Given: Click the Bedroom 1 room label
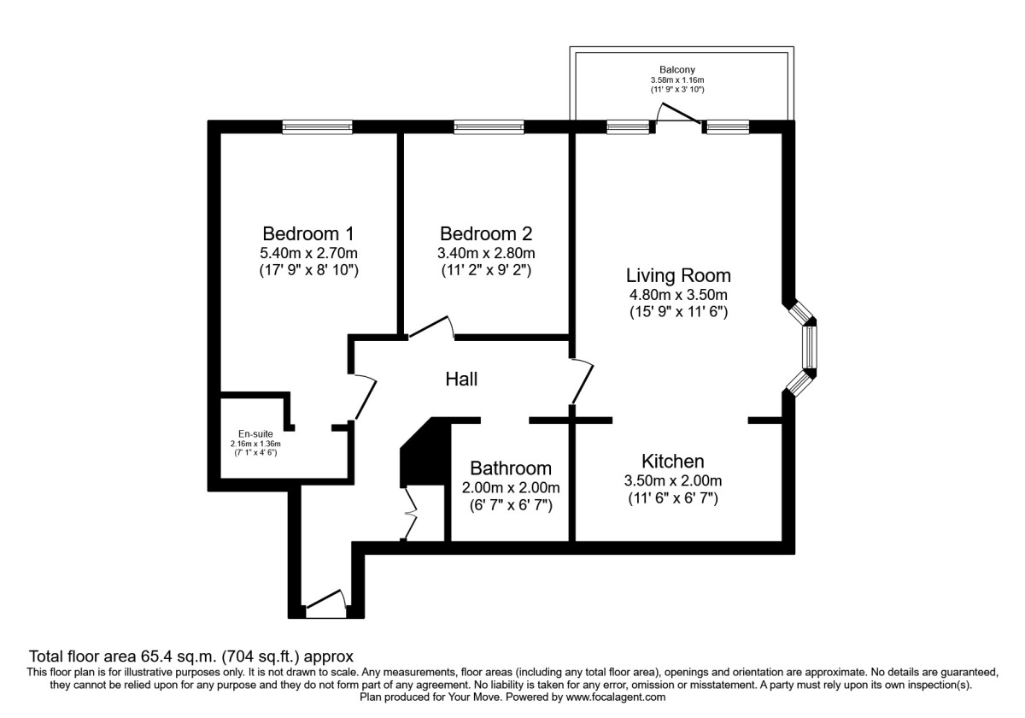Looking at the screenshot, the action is tap(308, 234).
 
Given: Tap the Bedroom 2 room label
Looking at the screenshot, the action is tap(486, 234).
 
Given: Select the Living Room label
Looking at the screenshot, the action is tap(678, 275).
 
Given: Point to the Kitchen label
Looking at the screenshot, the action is tap(673, 461).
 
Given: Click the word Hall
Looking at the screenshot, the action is tap(461, 380).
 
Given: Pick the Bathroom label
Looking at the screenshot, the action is tap(511, 468).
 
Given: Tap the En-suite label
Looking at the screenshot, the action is tap(255, 433).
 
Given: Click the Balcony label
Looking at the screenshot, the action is tap(677, 69).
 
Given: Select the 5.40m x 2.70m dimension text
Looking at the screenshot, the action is tap(308, 253).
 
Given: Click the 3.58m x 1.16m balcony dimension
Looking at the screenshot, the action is tap(677, 80).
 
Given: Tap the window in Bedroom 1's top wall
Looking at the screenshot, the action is tap(317, 127).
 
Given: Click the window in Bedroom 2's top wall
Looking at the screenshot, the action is tap(489, 127).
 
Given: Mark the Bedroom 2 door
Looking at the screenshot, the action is tap(430, 327).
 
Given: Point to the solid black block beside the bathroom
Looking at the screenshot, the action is tap(425, 452).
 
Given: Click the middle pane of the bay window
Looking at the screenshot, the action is tap(810, 347).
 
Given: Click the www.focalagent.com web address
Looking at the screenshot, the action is tap(616, 697).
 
